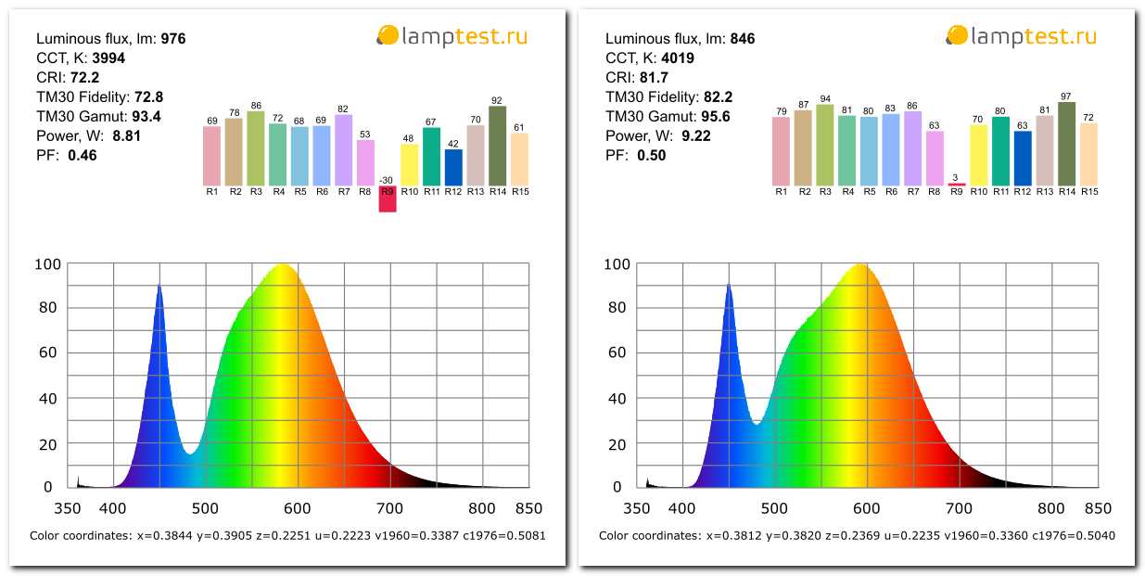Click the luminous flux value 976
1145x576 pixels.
173,39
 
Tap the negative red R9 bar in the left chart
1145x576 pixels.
388,198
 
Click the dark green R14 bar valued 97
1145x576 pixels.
1066,143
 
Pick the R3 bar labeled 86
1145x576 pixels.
256,148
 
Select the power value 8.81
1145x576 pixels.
128,136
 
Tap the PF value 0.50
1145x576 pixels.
651,156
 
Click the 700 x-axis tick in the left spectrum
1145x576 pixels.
389,508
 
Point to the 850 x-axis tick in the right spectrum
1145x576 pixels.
1098,508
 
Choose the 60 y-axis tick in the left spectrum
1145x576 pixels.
48,352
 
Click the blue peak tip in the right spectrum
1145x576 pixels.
729,286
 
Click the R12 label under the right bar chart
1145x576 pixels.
1023,191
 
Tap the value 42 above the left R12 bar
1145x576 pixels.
453,144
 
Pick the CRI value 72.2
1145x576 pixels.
84,78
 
